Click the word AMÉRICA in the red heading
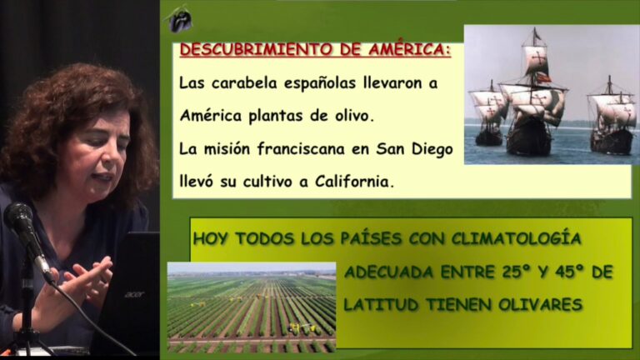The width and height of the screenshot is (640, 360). pyautogui.click(x=409, y=50)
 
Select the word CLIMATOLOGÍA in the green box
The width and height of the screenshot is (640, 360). pyautogui.click(x=516, y=238)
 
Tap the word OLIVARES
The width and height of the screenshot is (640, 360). pyautogui.click(x=540, y=304)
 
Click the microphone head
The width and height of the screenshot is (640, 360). pyautogui.click(x=19, y=217)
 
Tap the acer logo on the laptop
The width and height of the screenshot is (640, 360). pyautogui.click(x=134, y=294)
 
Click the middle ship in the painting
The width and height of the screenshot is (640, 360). pyautogui.click(x=533, y=95)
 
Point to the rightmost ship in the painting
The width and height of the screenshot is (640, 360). pyautogui.click(x=611, y=117)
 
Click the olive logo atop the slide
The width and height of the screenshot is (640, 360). pyautogui.click(x=179, y=18)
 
